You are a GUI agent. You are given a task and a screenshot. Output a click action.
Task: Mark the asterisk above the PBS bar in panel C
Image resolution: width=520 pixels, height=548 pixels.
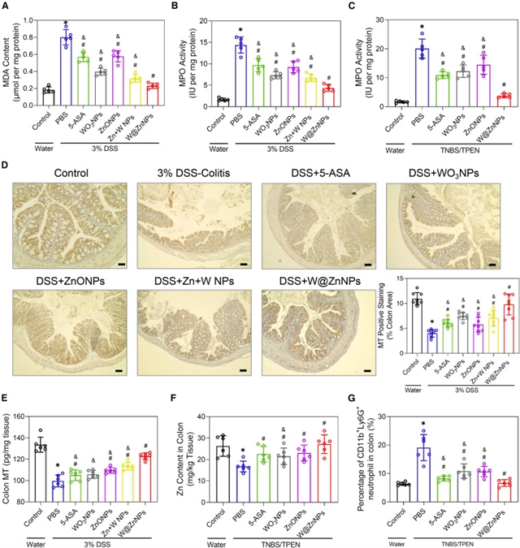420,33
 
